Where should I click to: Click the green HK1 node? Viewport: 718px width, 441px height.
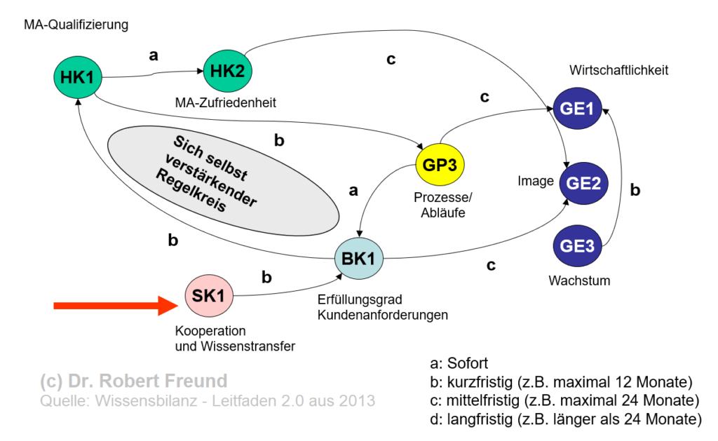pos(77,77)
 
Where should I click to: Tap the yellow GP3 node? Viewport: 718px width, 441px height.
pos(440,165)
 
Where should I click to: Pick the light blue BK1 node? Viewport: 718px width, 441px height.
pos(358,258)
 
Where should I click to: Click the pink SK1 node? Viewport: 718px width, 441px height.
pos(208,297)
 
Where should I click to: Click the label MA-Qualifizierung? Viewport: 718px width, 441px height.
pos(76,25)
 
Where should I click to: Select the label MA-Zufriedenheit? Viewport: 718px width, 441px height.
pos(226,102)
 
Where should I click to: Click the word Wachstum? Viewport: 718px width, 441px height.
pos(579,280)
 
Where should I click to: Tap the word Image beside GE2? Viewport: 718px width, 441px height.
pos(536,181)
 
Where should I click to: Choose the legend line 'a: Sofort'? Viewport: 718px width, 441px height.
pos(459,363)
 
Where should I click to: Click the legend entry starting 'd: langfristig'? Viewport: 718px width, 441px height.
pos(565,419)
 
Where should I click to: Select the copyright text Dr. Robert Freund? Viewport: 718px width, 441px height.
pos(133,381)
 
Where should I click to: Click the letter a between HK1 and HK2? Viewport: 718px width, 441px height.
pos(154,54)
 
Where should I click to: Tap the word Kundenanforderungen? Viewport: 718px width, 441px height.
pos(383,315)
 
